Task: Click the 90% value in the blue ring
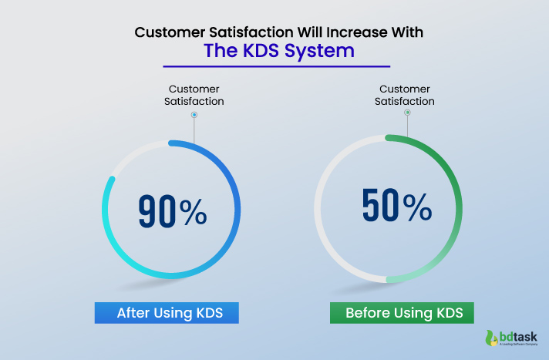click(172, 210)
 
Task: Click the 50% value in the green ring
click(396, 206)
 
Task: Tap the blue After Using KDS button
click(166, 313)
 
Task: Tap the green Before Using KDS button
click(402, 313)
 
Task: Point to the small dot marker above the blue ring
click(194, 115)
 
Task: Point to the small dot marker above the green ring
click(407, 113)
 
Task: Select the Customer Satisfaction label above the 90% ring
click(194, 94)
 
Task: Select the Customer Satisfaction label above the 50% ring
click(405, 94)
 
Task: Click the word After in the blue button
click(132, 313)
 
